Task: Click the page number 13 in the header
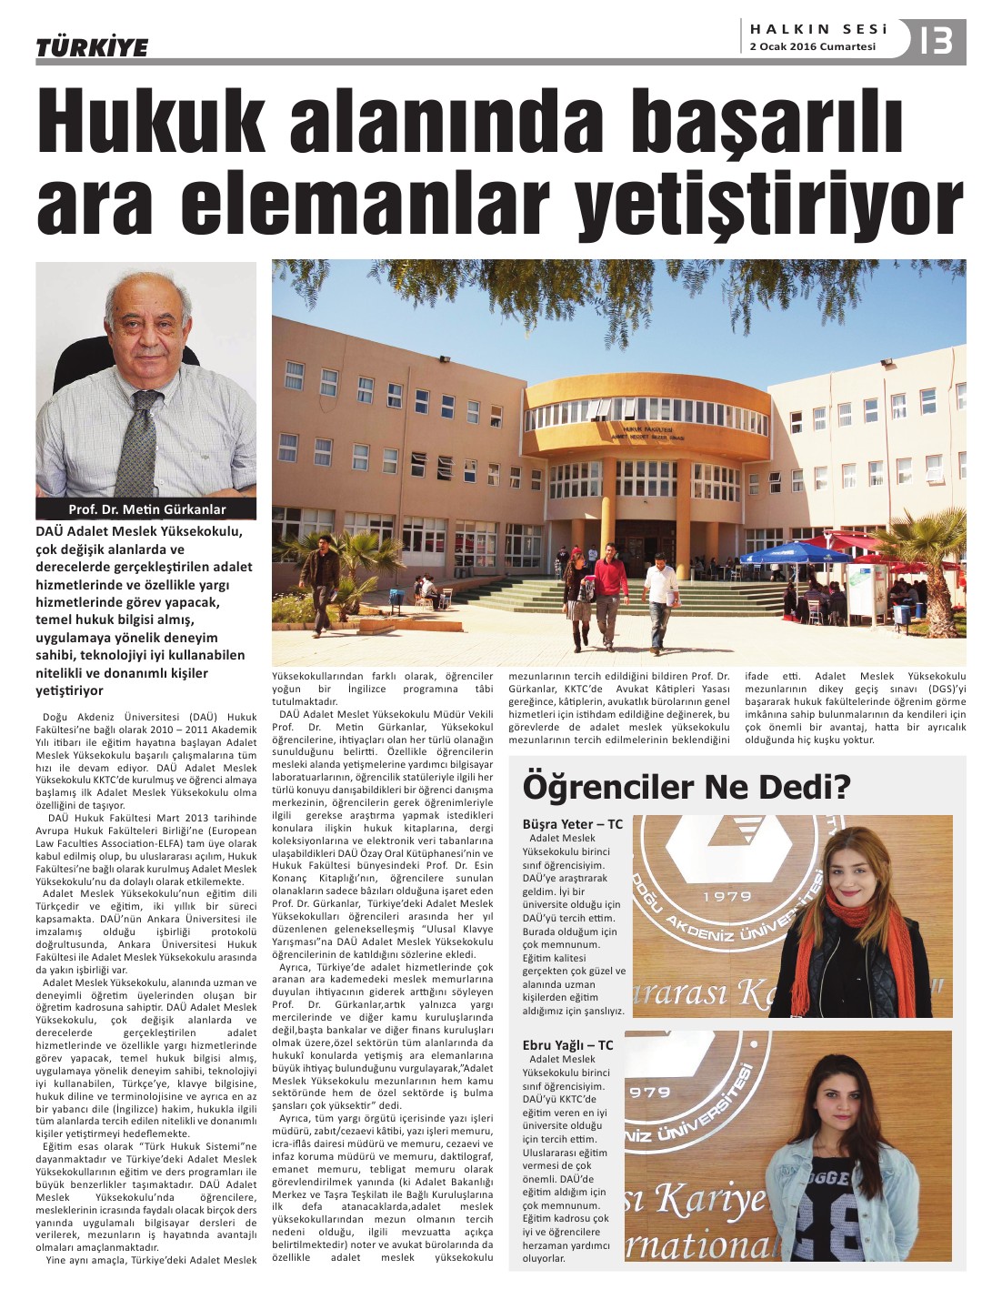coord(937,40)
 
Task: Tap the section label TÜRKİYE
coord(92,47)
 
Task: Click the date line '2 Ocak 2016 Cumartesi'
coord(812,47)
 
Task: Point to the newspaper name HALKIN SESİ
coord(818,30)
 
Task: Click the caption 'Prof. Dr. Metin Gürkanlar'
coord(146,509)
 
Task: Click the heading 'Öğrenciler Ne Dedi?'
coord(686,787)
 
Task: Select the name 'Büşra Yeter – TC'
coord(573,824)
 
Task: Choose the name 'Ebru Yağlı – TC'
coord(568,1045)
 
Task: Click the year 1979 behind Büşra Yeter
coord(727,896)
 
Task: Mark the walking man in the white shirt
coord(660,600)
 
